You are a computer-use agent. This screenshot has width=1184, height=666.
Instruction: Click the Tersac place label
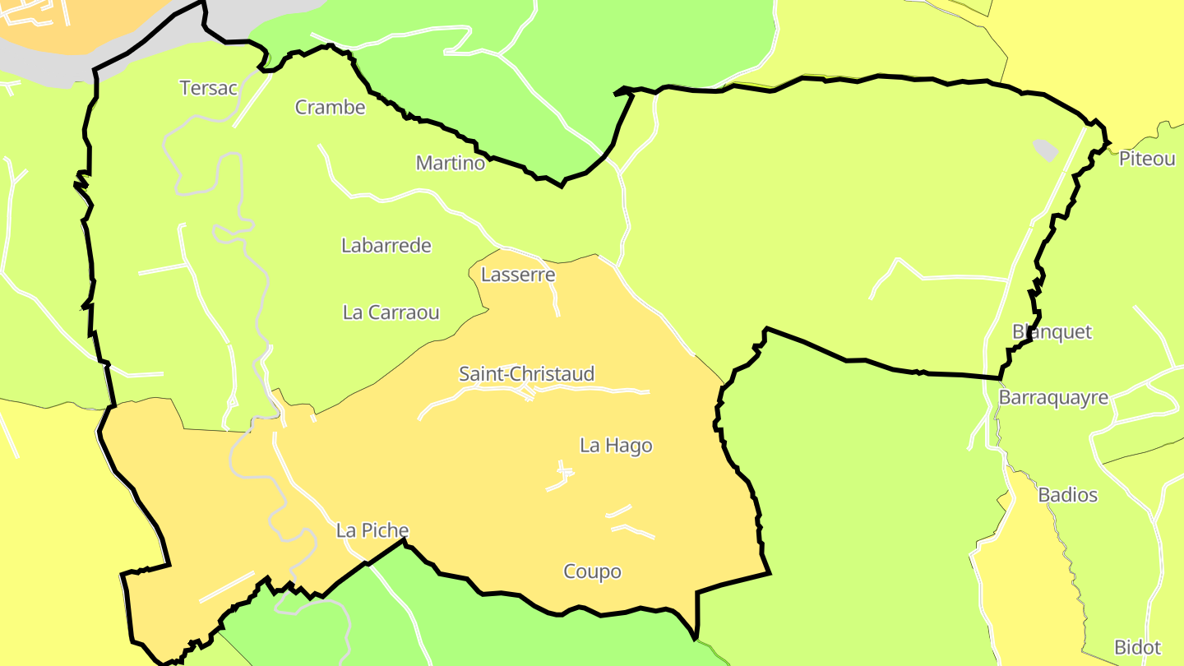coord(208,88)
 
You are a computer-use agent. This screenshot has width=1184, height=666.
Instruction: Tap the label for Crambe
coord(330,107)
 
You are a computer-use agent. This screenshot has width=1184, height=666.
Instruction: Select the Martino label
coord(450,163)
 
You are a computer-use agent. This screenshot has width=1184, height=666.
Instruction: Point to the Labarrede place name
coord(386,245)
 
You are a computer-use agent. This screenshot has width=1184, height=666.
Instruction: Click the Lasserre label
coord(518,275)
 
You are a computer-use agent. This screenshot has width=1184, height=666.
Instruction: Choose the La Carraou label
coord(391,312)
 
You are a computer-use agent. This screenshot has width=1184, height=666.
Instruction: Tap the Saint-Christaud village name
coord(526,374)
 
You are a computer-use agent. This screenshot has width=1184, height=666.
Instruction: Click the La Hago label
coord(616,446)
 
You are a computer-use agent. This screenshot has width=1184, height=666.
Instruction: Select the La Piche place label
coord(372,531)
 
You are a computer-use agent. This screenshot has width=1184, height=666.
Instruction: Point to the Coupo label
coord(592,571)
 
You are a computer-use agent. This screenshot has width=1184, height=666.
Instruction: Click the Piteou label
coord(1147,160)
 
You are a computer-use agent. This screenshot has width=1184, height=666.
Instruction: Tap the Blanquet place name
coord(1052,332)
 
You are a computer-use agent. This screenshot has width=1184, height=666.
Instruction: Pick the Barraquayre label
coord(1053,398)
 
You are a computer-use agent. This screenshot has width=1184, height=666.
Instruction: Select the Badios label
coord(1067,495)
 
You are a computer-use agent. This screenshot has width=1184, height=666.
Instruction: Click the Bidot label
coord(1137,647)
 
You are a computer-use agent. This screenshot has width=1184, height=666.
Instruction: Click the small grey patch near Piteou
coord(1045,150)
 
